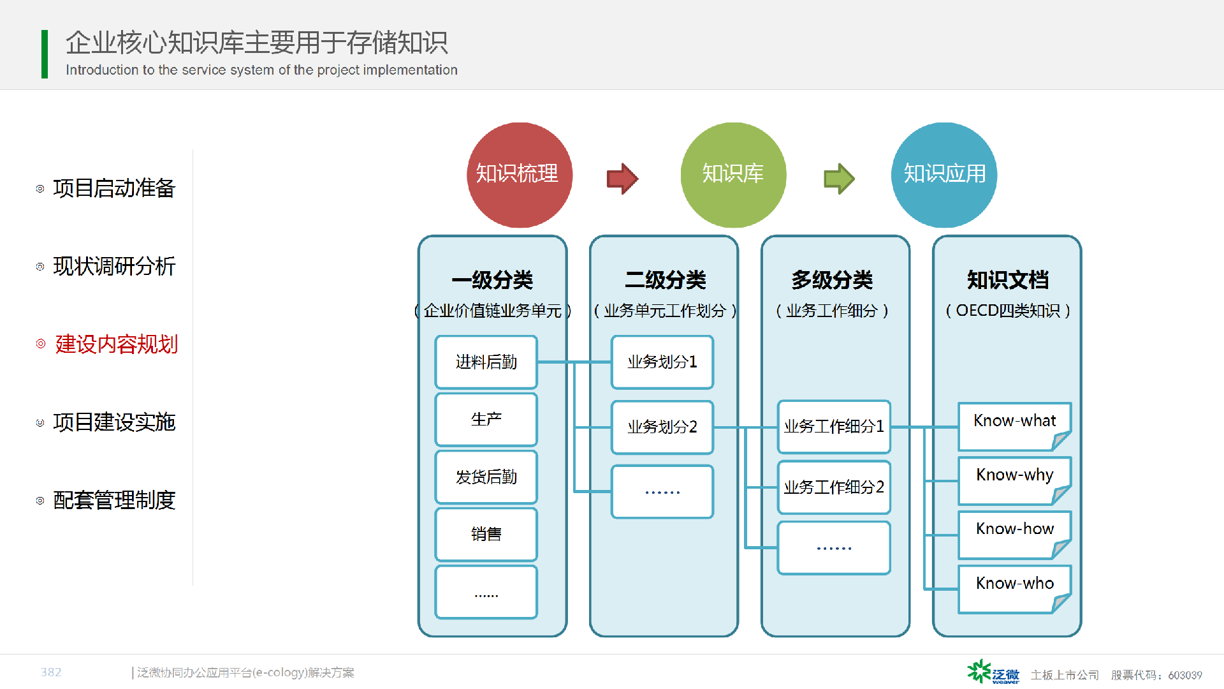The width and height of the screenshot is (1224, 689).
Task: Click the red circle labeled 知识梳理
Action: [520, 175]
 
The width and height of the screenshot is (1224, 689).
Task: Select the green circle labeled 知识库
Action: [733, 175]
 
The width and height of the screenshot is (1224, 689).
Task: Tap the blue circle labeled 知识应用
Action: [944, 175]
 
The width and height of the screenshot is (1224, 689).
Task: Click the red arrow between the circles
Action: [622, 179]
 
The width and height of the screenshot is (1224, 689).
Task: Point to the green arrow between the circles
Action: [839, 179]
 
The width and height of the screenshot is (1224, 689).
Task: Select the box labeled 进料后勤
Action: [486, 362]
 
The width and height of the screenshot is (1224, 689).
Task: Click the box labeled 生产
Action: [486, 420]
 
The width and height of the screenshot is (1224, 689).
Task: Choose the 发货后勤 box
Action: [486, 477]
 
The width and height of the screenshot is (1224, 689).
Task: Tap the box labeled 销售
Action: [486, 535]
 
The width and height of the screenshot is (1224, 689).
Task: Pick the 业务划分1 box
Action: [662, 362]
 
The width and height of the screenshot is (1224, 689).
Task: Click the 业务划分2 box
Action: [662, 427]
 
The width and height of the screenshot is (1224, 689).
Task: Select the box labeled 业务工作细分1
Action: [834, 427]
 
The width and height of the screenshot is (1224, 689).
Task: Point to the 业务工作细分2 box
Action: [834, 487]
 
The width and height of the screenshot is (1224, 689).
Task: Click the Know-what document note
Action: [1014, 426]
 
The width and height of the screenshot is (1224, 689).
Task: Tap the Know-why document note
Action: [1014, 480]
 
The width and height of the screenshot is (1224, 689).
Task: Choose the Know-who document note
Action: [1014, 589]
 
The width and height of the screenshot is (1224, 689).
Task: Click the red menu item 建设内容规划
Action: [116, 344]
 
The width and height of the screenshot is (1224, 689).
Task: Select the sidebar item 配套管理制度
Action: [114, 500]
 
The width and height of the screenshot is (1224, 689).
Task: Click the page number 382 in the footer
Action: [51, 672]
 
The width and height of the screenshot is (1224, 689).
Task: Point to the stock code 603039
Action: [1185, 675]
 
